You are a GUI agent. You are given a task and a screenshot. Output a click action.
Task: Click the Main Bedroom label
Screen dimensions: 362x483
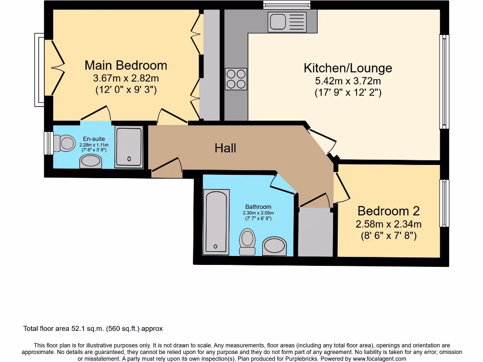point(125,65)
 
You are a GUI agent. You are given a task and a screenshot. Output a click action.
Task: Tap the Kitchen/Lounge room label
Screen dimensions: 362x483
point(348,68)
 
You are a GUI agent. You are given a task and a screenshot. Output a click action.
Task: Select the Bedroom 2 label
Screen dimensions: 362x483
point(388,211)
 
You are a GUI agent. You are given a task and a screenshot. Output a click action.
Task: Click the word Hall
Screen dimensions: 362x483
point(225,148)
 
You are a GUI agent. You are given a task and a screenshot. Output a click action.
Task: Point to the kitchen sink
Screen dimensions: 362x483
point(287,22)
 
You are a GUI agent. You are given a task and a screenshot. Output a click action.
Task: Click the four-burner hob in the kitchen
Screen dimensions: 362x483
point(236,79)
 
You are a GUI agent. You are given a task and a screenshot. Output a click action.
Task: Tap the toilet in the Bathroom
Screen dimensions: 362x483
point(247,241)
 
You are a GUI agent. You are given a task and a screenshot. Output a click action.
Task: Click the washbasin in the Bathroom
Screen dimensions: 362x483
point(274,246)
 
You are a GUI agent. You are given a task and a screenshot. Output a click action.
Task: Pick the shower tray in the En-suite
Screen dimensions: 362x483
point(128,147)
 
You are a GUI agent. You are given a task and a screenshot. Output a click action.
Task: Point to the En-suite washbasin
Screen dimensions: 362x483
point(90,162)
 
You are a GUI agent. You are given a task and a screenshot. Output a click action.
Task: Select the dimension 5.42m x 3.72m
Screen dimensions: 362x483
point(348,81)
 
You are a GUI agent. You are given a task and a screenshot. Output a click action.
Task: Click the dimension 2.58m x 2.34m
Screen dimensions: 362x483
point(388,224)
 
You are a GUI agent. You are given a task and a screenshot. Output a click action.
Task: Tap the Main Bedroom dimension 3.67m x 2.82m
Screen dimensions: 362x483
point(125,78)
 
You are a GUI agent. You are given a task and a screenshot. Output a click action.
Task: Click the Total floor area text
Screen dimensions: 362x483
point(93,329)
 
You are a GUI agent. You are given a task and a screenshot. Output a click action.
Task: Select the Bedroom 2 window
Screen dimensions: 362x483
point(444,203)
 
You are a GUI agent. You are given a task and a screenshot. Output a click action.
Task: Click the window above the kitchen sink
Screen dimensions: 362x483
point(287,5)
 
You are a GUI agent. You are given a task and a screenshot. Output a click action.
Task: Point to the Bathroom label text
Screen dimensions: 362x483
point(258,206)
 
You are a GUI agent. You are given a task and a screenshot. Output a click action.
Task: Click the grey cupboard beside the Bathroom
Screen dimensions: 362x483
point(315,233)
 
